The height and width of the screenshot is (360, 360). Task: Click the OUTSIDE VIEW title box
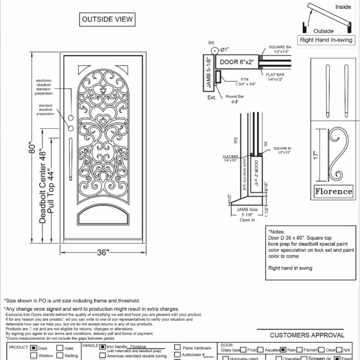[x=107, y=20]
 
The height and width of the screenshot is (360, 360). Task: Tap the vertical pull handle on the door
[x=71, y=151]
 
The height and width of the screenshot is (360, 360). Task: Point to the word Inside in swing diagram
[x=343, y=7]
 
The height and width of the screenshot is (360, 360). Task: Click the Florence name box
[x=333, y=191]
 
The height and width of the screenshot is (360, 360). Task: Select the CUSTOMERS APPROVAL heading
[x=307, y=335]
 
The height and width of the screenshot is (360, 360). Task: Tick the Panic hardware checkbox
[x=178, y=348]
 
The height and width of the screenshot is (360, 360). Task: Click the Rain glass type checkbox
[x=283, y=349]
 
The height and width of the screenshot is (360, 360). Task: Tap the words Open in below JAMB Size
[x=247, y=220]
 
